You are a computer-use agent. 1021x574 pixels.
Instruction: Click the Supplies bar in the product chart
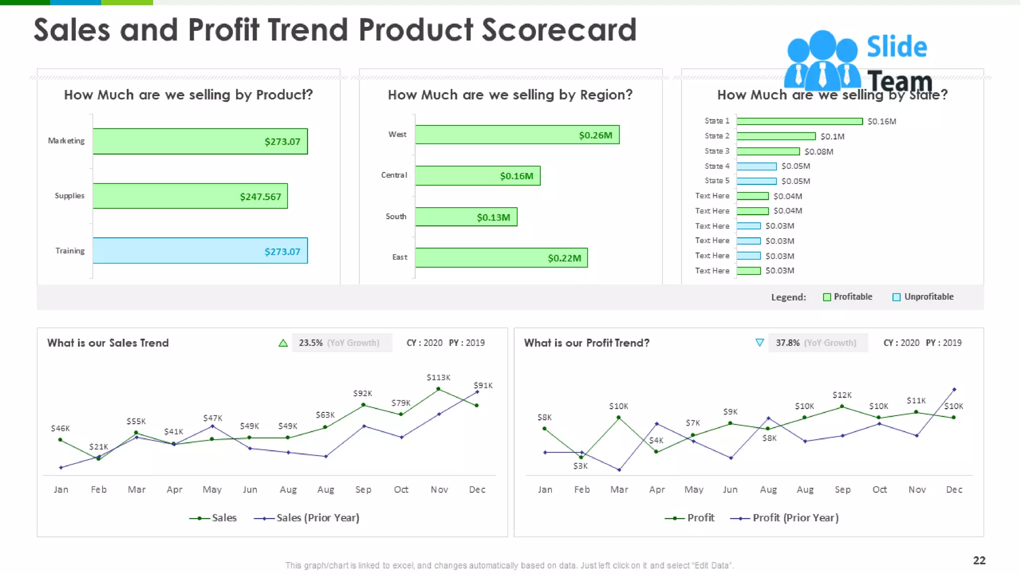(x=190, y=196)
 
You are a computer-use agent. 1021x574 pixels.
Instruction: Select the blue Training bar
(x=200, y=251)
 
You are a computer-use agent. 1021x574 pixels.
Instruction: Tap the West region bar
(x=517, y=135)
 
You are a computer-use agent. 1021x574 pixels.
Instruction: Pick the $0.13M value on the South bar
(x=493, y=217)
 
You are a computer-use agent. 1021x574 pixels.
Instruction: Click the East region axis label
(x=399, y=257)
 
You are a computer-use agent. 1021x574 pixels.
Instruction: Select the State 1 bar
(x=799, y=121)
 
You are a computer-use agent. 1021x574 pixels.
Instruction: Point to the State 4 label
(x=716, y=166)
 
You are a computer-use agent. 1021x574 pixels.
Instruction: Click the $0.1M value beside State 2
(x=832, y=137)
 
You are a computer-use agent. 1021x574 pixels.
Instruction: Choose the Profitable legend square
(x=827, y=297)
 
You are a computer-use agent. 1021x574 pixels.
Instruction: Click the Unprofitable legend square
(x=896, y=297)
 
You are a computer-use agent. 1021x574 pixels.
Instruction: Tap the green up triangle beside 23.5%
(x=283, y=343)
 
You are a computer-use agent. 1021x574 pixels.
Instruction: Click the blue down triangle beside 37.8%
(x=759, y=343)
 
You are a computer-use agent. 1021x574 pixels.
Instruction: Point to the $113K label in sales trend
(x=438, y=378)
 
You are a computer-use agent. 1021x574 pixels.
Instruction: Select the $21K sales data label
(x=98, y=447)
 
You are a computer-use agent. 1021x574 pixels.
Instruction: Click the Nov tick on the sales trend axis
(x=439, y=490)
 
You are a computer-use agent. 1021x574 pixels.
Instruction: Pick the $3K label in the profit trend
(x=580, y=466)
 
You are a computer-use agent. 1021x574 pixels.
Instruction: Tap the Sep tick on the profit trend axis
(x=843, y=490)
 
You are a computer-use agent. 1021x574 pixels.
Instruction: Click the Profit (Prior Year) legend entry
(x=795, y=518)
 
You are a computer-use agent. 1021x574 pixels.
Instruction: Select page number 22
(x=979, y=560)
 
